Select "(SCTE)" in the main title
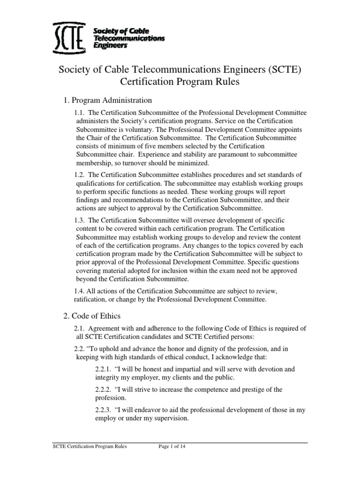pos(280,70)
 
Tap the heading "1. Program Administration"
pos(107,100)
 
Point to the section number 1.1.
pos(80,112)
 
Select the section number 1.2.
pos(80,175)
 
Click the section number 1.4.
pos(80,291)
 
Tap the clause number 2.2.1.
pos(103,369)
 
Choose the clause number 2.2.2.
pos(103,390)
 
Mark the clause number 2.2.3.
pos(103,410)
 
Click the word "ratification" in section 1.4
pos(92,299)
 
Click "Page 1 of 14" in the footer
pos(177,447)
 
